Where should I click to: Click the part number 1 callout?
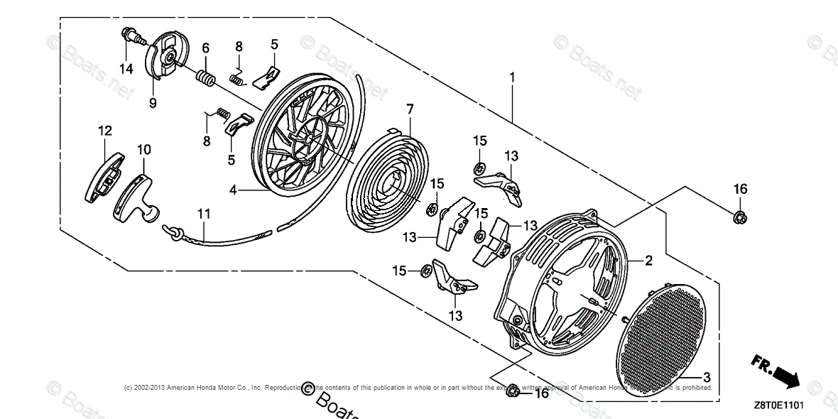click(511, 77)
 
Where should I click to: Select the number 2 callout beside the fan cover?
click(648, 261)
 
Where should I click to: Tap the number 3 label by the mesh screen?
click(707, 376)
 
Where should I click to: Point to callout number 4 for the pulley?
click(232, 190)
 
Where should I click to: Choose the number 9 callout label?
click(153, 102)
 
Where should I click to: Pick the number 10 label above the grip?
click(144, 150)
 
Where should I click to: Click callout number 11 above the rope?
click(204, 213)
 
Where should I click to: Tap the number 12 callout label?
click(105, 131)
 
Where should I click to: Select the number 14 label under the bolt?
click(126, 68)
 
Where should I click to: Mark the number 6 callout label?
click(205, 48)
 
